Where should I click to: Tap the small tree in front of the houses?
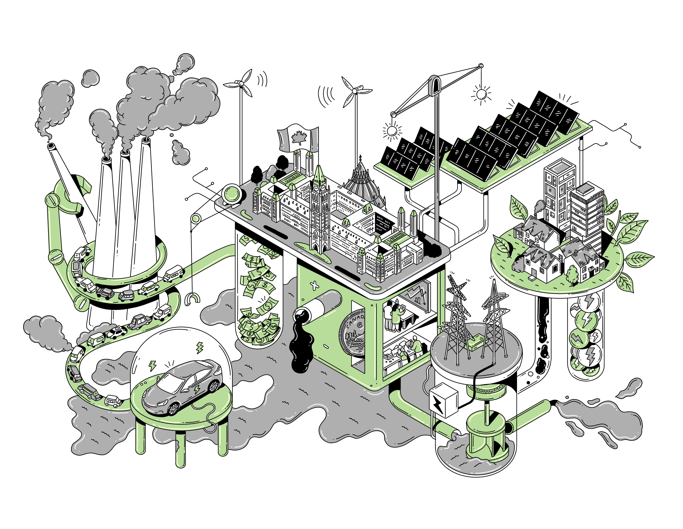[x=572, y=274]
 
